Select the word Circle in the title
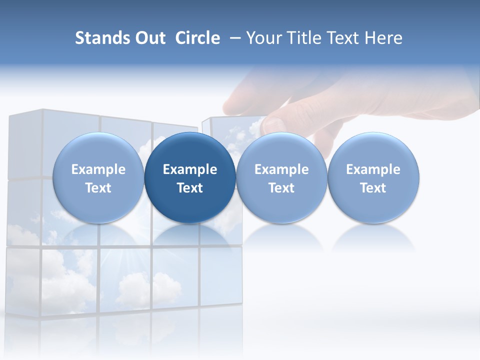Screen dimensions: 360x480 [197, 38]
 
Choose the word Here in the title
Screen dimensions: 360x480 [384, 38]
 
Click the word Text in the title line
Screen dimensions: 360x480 [342, 38]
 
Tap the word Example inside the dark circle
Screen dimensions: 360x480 [190, 169]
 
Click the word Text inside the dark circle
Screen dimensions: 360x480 [190, 188]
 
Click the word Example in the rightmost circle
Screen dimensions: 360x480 [373, 169]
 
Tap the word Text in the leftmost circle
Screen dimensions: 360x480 [98, 188]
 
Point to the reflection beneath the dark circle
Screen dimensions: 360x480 [190, 235]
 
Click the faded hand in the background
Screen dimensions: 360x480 [350, 100]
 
